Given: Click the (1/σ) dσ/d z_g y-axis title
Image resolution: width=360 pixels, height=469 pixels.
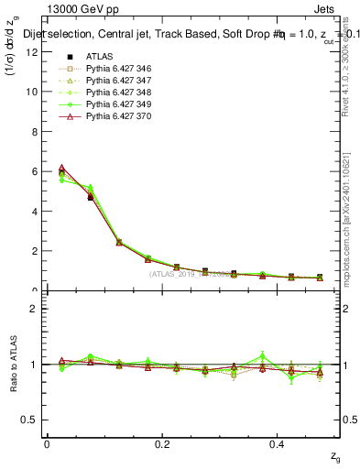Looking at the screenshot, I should click(13, 59).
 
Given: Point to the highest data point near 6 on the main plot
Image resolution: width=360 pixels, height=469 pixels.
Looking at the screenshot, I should click(61, 168).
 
